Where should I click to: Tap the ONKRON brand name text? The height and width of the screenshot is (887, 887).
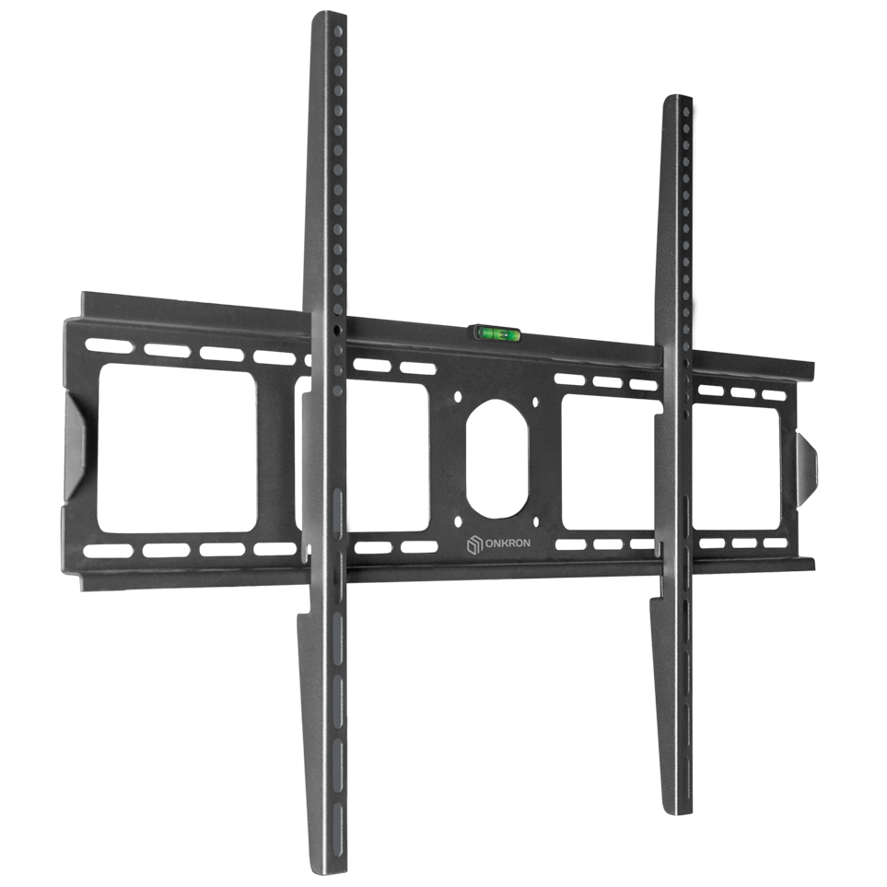(508, 543)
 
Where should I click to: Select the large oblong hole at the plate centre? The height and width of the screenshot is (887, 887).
(496, 459)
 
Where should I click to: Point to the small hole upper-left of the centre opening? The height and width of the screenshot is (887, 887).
(458, 397)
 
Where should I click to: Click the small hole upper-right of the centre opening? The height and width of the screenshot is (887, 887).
(535, 403)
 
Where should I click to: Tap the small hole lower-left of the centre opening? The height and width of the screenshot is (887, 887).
(457, 521)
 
